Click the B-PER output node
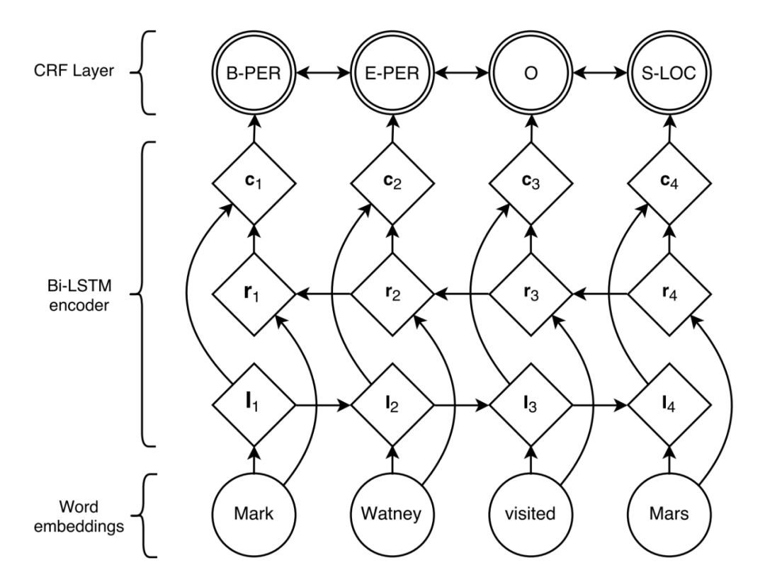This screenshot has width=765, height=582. pos(253,74)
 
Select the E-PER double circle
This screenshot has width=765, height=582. pos(392,74)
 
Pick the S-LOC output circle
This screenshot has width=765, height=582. pos(670,74)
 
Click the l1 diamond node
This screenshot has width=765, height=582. pos(253,406)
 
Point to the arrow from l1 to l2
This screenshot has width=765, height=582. pos(322,406)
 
